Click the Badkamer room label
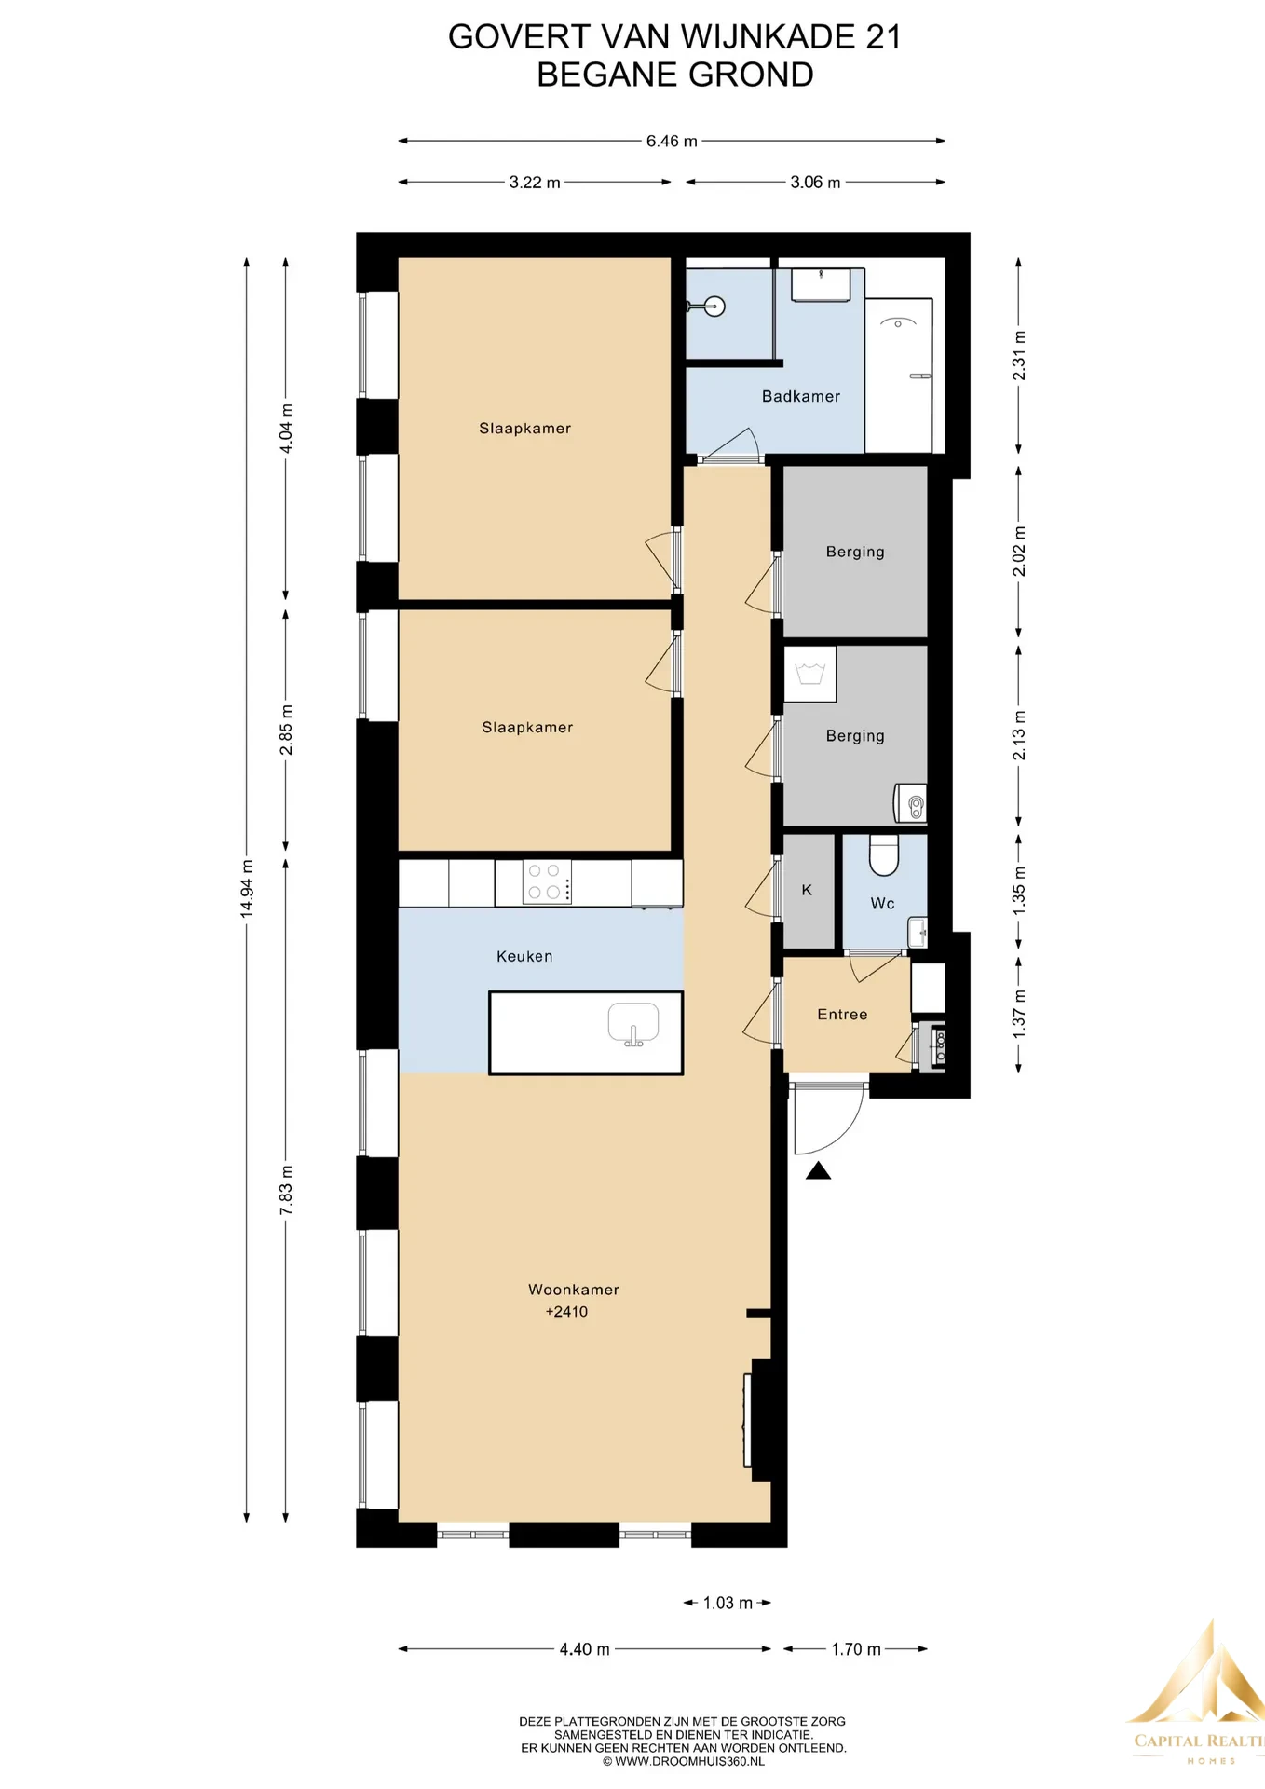point(800,397)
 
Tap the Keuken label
point(524,956)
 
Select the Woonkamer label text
point(573,1290)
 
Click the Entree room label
point(842,1015)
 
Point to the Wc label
point(882,904)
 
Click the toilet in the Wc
point(884,854)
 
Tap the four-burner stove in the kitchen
point(546,881)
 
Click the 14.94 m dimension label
point(247,888)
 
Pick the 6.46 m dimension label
point(672,142)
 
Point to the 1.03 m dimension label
point(728,1603)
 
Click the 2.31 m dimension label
point(1019,355)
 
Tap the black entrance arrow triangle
point(818,1171)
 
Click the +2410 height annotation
point(566,1312)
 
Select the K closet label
point(807,891)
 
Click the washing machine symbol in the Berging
point(809,674)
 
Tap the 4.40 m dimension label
point(584,1649)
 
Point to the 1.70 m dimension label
point(855,1649)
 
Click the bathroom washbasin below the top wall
point(821,285)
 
